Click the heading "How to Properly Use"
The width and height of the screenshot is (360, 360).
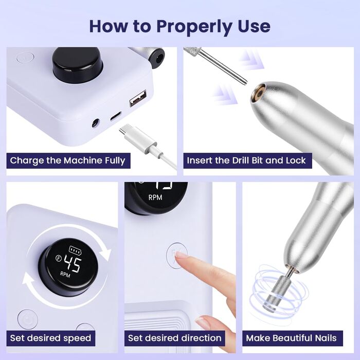point(179,26)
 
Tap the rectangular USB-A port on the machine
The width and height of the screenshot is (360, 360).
point(138,98)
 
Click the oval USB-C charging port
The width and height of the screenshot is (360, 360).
point(116,116)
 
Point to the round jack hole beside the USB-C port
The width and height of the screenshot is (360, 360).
point(96,123)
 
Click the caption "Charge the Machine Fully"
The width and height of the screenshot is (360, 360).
point(67,160)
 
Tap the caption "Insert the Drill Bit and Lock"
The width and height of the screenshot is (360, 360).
point(246,160)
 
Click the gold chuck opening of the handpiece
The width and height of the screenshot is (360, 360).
point(259,93)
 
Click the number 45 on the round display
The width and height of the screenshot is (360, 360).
point(73,264)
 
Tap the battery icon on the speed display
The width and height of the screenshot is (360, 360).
point(75,250)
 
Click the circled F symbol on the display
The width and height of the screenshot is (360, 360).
point(59,258)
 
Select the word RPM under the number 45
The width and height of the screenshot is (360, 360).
point(65,274)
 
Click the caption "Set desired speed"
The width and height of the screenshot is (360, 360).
point(50,338)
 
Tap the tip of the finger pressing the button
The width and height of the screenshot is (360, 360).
point(179,255)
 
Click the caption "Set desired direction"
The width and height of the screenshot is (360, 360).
point(175,338)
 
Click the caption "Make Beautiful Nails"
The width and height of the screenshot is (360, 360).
point(291,338)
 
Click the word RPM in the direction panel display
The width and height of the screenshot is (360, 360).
point(155,197)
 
